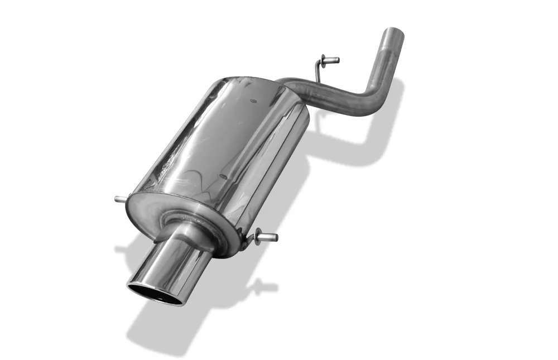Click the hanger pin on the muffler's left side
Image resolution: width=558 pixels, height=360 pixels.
click(121, 199)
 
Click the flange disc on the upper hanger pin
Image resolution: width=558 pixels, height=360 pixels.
click(324, 59)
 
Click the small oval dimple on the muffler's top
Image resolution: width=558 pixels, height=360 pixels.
click(253, 102)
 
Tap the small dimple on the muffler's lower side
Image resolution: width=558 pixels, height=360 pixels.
click(223, 177)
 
